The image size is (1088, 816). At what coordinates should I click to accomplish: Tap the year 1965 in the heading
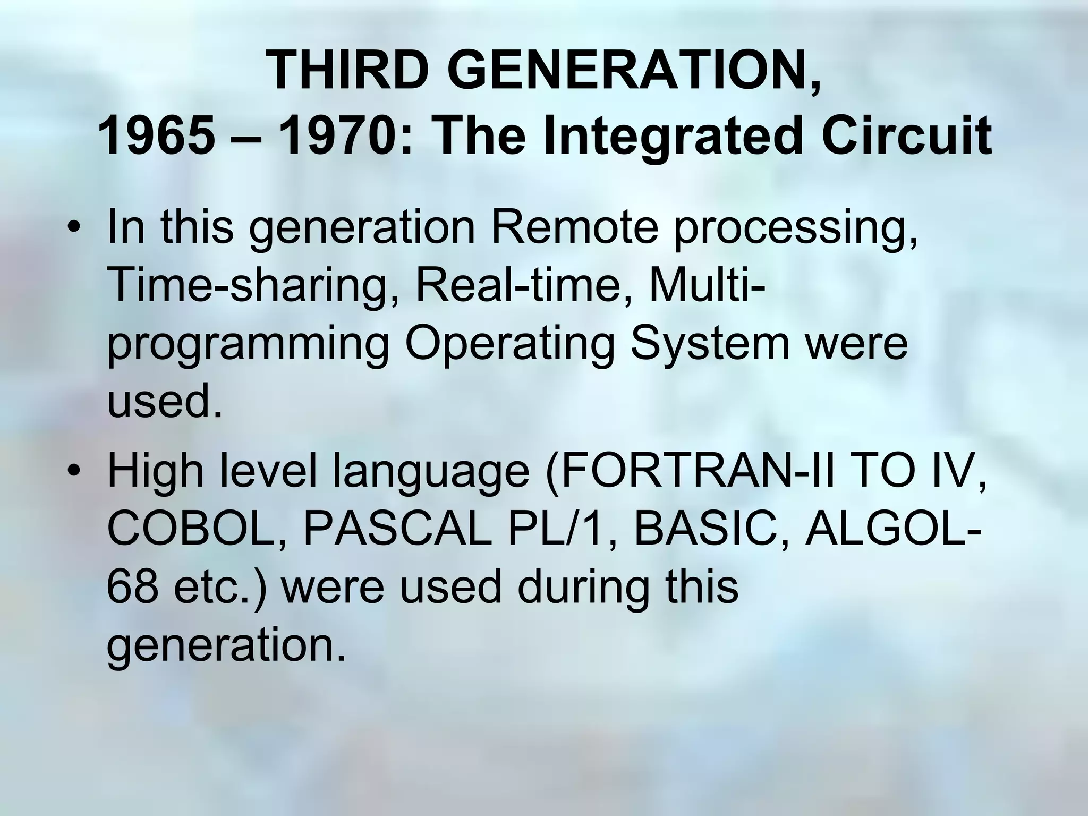pos(157,137)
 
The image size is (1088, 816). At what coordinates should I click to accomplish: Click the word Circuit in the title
pos(906,137)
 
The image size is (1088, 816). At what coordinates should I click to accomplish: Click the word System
pos(710,344)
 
